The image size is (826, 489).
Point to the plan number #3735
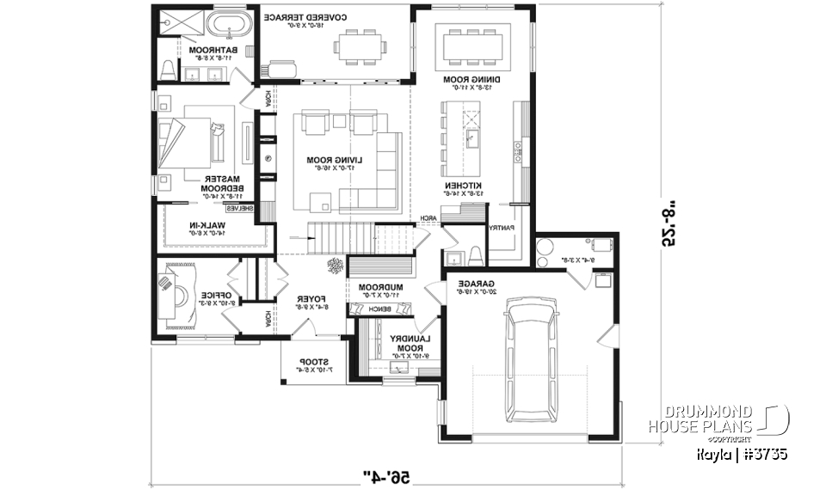764,453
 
